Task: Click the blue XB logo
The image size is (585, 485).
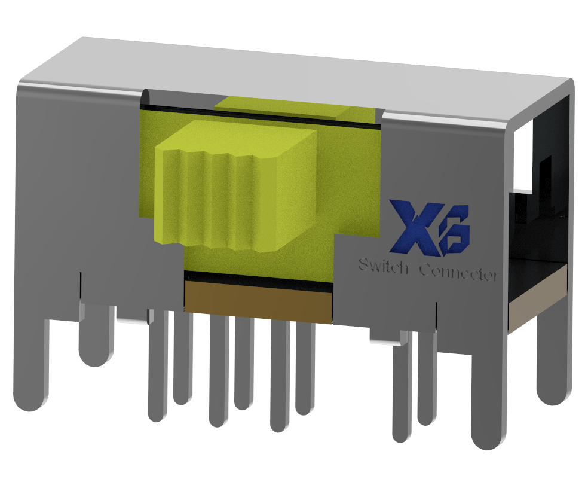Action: [429, 227]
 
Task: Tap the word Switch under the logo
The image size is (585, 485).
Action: [382, 266]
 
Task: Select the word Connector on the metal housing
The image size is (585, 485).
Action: [458, 272]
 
